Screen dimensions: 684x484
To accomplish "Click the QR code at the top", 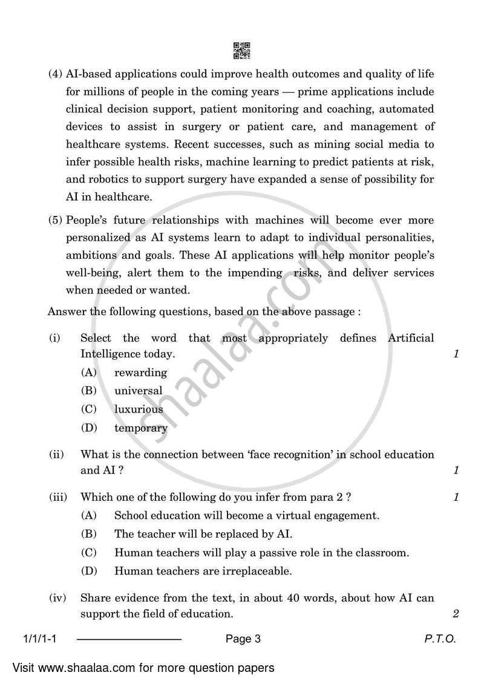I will [241, 51].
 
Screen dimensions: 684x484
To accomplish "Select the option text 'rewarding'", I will [140, 373].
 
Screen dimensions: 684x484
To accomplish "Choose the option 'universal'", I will [139, 391].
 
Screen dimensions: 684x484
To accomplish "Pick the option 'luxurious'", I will [139, 409].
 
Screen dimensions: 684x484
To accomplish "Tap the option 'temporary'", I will [141, 428].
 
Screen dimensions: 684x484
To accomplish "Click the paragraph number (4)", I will [55, 74].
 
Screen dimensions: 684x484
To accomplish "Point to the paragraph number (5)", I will [55, 220].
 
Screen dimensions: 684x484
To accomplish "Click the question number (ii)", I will [56, 454].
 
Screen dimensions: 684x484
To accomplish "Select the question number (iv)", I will [57, 598].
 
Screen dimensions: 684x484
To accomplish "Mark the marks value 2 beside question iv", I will [456, 614].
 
